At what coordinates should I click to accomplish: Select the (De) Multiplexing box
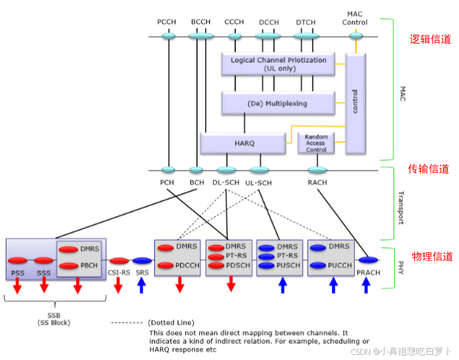point(277,103)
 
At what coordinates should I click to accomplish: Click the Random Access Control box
point(316,143)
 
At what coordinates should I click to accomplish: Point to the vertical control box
point(355,104)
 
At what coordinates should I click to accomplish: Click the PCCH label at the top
point(168,22)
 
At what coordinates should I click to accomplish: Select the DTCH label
point(305,22)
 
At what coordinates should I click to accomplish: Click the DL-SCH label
point(226,183)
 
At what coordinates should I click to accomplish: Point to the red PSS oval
point(18,260)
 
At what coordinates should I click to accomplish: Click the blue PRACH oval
point(368,260)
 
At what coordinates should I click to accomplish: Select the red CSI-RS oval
point(119,260)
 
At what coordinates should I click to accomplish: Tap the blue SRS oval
point(141,260)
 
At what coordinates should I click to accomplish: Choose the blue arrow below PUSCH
point(283,285)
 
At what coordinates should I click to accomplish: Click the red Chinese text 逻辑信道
point(429,40)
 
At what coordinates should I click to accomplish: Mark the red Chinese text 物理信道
point(431,256)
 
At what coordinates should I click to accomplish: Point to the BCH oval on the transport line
point(196,170)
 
